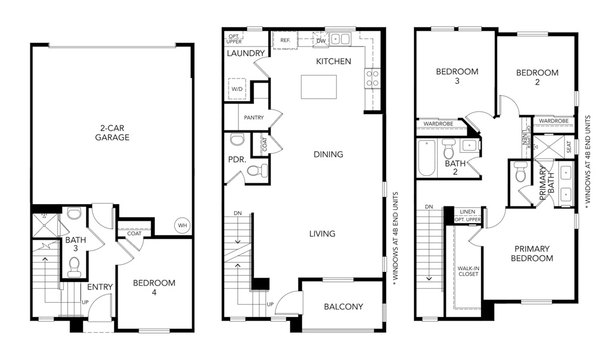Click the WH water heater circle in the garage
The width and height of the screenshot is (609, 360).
pyautogui.click(x=183, y=225)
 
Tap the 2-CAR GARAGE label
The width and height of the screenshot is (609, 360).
pyautogui.click(x=112, y=133)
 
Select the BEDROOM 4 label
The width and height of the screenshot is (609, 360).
pyautogui.click(x=154, y=287)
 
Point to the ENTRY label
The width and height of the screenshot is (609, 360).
pyautogui.click(x=100, y=287)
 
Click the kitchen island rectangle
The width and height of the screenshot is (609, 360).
pyautogui.click(x=319, y=87)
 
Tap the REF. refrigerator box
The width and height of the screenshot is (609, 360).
pyautogui.click(x=285, y=40)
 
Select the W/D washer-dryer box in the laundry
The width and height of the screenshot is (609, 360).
pyautogui.click(x=237, y=89)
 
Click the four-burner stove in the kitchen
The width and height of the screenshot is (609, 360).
pyautogui.click(x=372, y=78)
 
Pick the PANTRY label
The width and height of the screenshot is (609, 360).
pyautogui.click(x=253, y=117)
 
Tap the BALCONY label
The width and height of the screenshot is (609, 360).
pyautogui.click(x=343, y=306)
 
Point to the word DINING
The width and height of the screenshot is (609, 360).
pyautogui.click(x=328, y=154)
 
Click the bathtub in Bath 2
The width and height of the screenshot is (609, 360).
pyautogui.click(x=426, y=158)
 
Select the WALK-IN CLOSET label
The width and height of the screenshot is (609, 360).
pyautogui.click(x=468, y=271)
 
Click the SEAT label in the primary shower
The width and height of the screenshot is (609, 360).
pyautogui.click(x=569, y=147)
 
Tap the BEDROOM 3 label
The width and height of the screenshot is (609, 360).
pyautogui.click(x=457, y=76)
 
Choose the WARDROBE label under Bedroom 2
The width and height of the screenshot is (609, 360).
pyautogui.click(x=554, y=121)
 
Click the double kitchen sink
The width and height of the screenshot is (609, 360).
pyautogui.click(x=340, y=39)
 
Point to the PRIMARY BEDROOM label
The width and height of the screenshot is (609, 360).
pyautogui.click(x=532, y=253)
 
